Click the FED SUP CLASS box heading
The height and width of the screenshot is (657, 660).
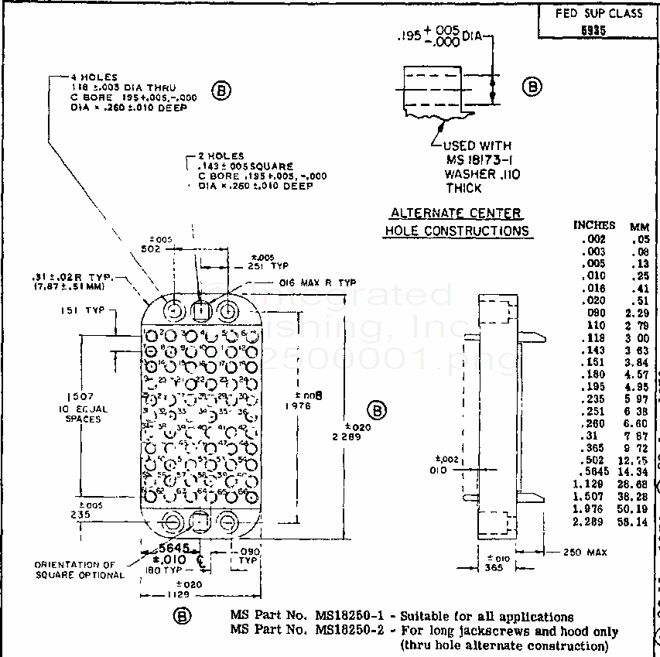(598, 14)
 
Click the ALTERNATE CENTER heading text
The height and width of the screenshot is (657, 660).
(456, 214)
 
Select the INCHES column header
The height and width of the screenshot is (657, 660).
(594, 225)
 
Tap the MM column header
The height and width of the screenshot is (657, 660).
(640, 227)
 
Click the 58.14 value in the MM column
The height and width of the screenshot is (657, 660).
(638, 522)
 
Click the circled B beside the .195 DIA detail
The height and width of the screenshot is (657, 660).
(532, 87)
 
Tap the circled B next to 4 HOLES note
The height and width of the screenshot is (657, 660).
(222, 91)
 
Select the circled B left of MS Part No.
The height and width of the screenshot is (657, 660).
(182, 616)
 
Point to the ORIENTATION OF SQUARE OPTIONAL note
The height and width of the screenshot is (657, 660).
(80, 570)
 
